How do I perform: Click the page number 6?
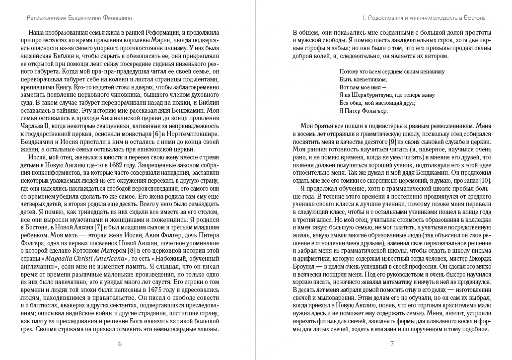(x=119, y=343)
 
